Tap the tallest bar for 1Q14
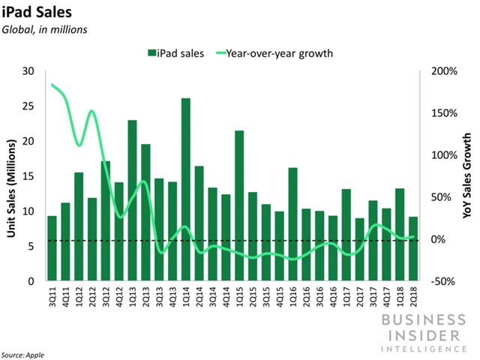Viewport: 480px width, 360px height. point(185,189)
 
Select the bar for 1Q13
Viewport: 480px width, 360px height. point(132,200)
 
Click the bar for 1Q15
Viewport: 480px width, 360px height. point(239,205)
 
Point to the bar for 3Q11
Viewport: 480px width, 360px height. point(52,248)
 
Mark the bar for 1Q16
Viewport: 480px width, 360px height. point(293,223)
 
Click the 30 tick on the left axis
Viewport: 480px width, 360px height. point(31,71)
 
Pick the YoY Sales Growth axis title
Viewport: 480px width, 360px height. point(468,175)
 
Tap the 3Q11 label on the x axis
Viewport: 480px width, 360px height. point(52,296)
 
